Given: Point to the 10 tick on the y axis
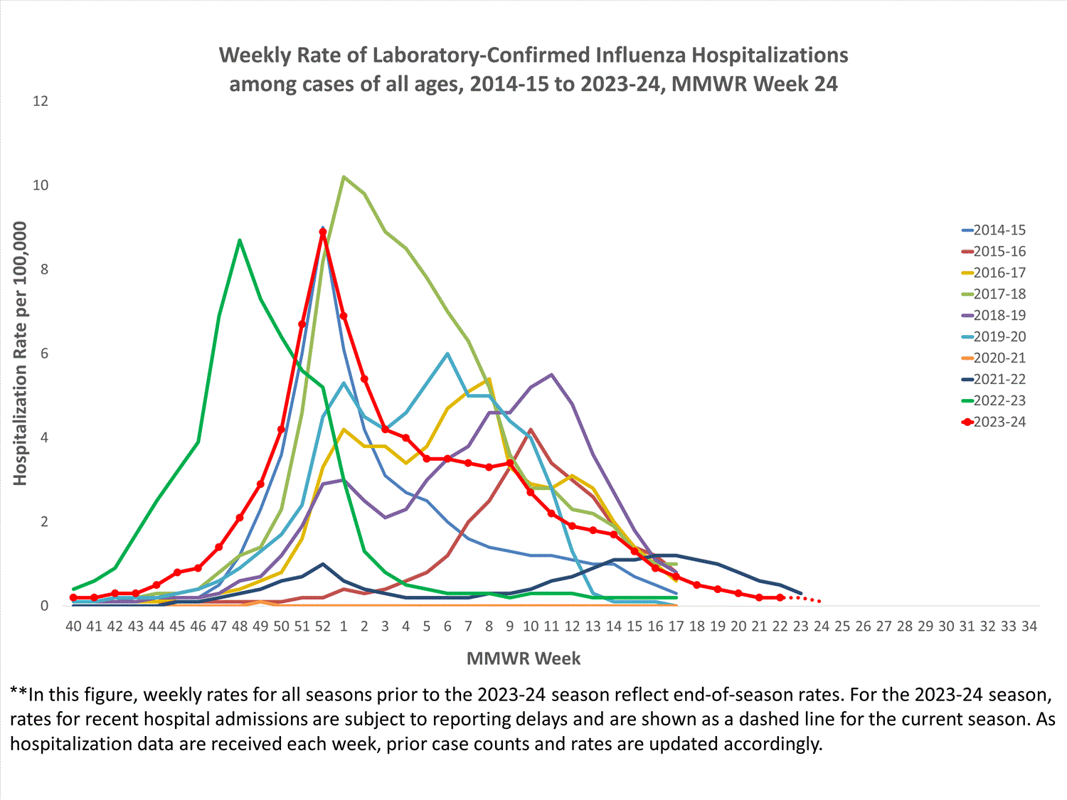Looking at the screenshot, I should tap(41, 185).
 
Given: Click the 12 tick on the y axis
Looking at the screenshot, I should tap(41, 101).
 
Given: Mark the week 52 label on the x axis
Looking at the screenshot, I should tap(323, 626).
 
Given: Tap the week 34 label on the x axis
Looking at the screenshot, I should tap(1029, 626).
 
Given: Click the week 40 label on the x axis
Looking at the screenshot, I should tap(73, 626).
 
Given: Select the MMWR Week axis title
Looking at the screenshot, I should tap(524, 658).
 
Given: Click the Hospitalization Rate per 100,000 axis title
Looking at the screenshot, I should tap(20, 353).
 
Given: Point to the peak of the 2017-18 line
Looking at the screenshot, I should tap(344, 177).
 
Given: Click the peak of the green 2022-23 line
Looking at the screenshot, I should tap(240, 240).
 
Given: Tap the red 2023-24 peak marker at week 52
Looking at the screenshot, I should tap(323, 232).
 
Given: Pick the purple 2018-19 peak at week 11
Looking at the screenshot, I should tap(552, 375).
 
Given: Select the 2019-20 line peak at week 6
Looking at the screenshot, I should tap(447, 353).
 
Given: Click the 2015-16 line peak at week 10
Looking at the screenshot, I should tap(531, 430).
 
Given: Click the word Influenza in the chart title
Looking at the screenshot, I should tap(641, 55).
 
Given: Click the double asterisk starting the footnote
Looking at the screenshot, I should tap(18, 693).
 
